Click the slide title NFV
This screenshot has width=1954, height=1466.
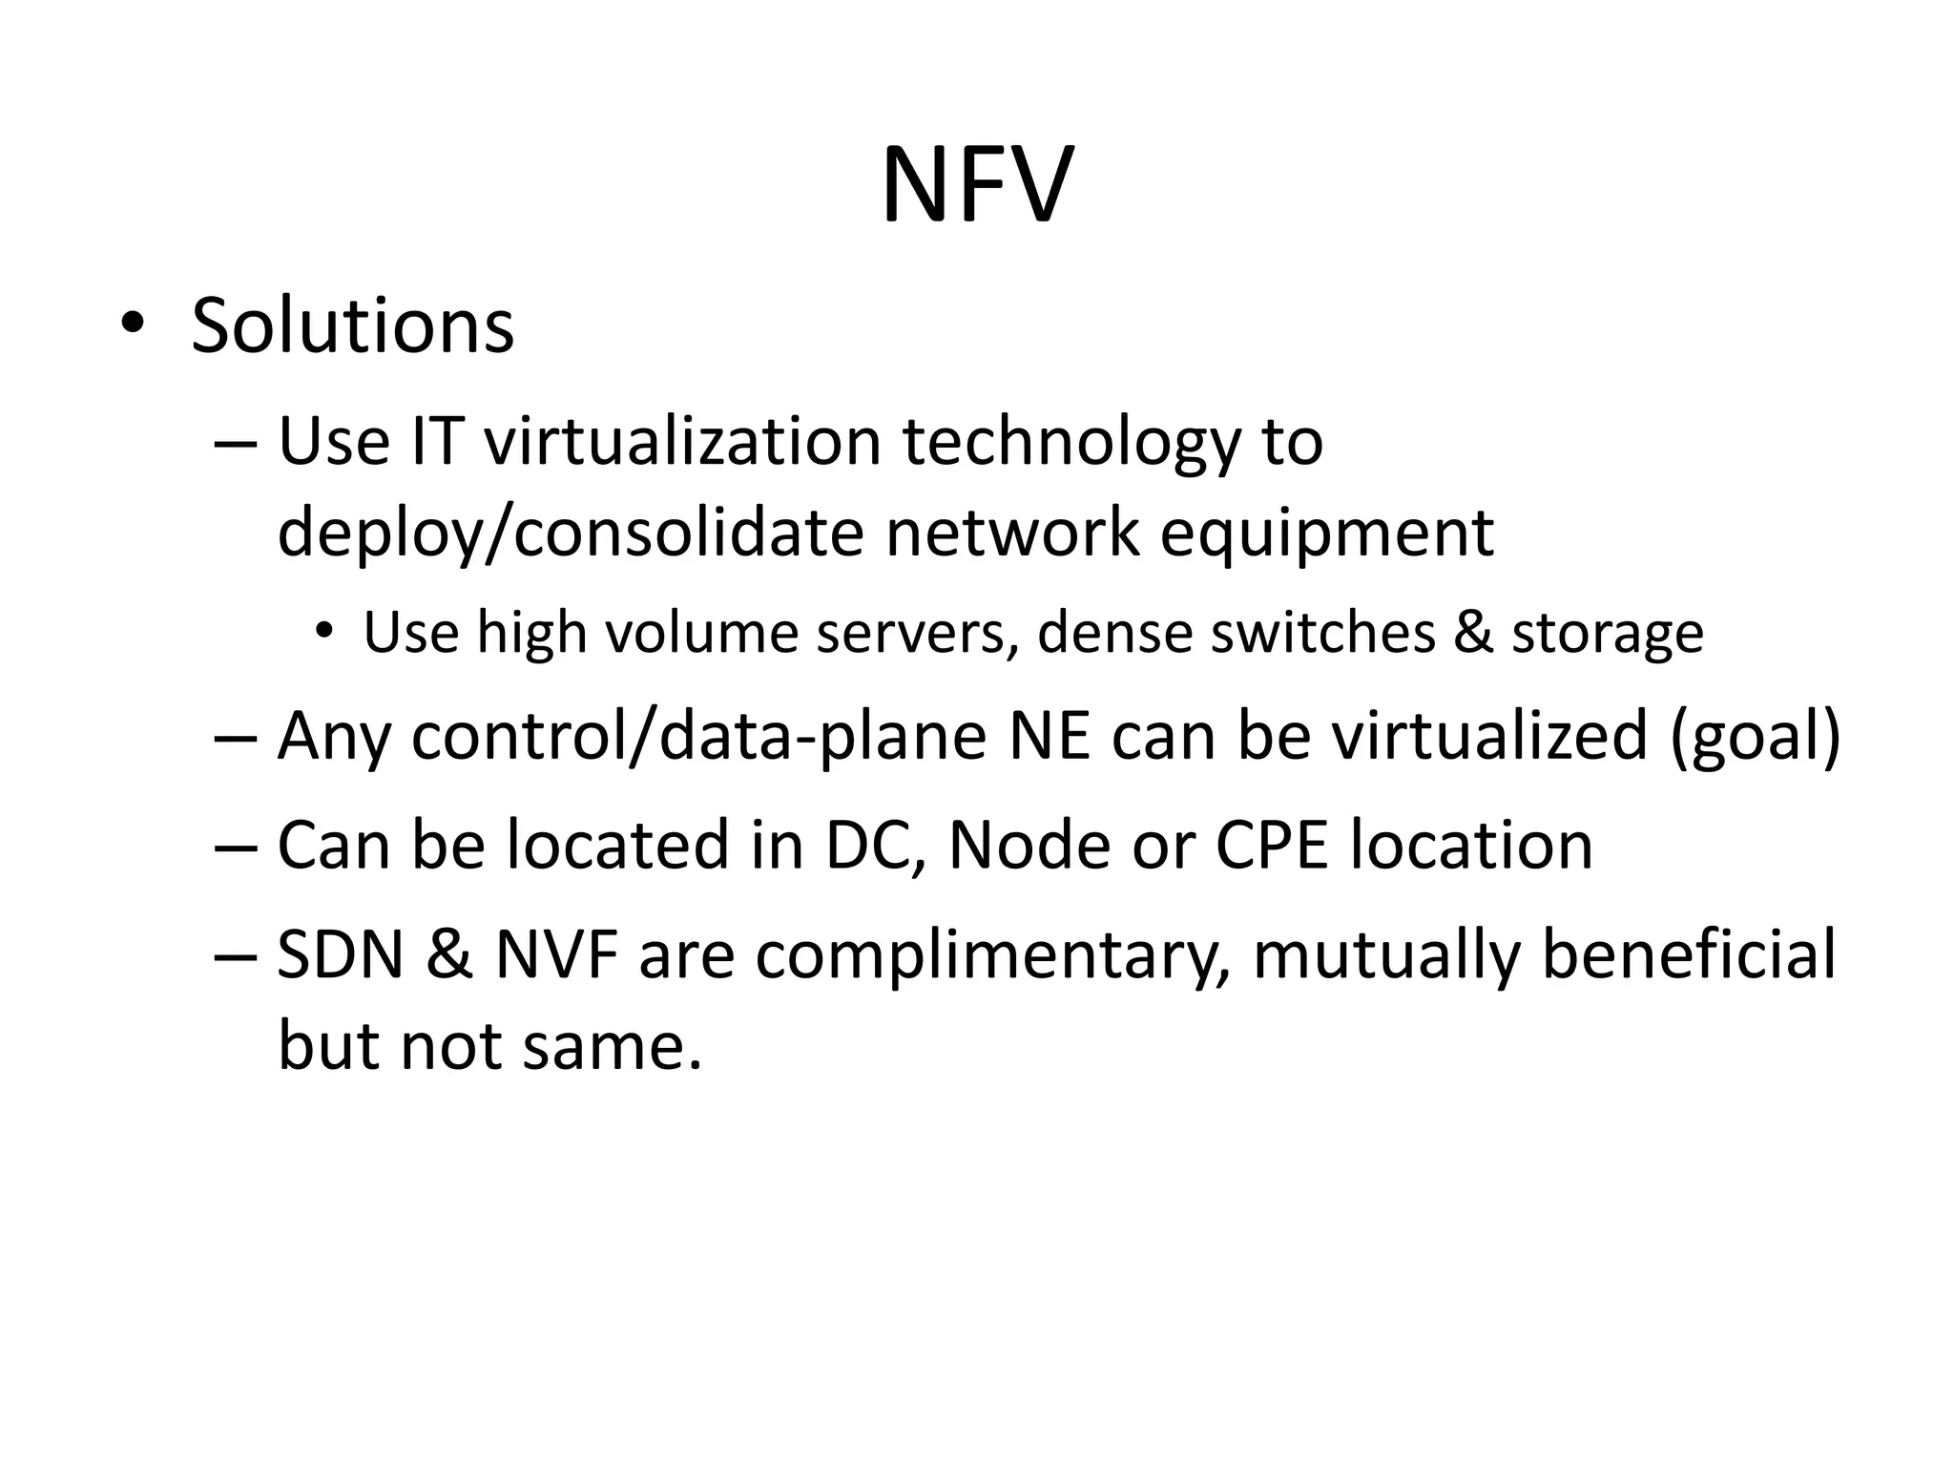[x=977, y=185]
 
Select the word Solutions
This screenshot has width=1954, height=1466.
[x=352, y=325]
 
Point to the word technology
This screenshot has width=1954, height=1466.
[x=1071, y=442]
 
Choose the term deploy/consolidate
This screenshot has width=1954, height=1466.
[x=571, y=533]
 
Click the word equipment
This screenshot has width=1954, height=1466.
[x=1326, y=533]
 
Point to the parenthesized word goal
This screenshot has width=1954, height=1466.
[x=1754, y=736]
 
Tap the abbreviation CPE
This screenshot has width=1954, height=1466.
[x=1272, y=846]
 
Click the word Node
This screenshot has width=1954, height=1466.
[x=1029, y=846]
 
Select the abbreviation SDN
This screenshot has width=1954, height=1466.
[x=341, y=955]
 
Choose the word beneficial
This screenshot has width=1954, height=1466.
[x=1688, y=955]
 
